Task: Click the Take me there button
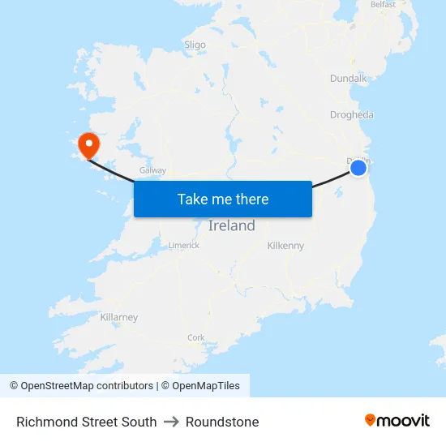tap(223, 199)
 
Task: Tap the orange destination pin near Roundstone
tap(88, 145)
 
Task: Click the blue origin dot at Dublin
tap(358, 168)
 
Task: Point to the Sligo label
tap(195, 45)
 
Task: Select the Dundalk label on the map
tap(349, 79)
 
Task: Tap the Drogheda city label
tap(352, 114)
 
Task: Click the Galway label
tap(153, 170)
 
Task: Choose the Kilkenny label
tap(285, 245)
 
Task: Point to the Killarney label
tap(119, 317)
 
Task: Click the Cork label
tap(196, 337)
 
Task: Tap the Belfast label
tap(383, 5)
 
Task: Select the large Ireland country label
tap(232, 225)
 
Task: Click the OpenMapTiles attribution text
tap(205, 386)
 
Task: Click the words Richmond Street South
tap(87, 422)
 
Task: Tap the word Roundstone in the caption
tap(222, 422)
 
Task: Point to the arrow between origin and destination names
tap(171, 422)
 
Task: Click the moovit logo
tap(397, 420)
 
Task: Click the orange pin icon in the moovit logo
tap(371, 420)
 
